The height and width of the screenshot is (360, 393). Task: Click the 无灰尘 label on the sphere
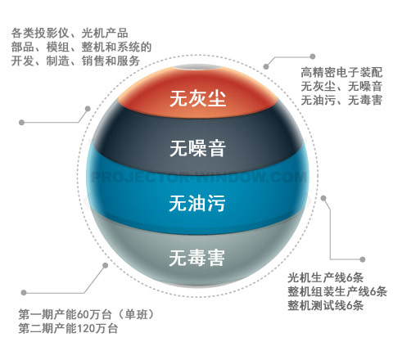pos(198,98)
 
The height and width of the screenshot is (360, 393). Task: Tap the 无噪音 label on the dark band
pos(198,148)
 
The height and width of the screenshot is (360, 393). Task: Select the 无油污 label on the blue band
pos(197,203)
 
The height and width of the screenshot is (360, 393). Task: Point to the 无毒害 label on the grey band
pos(197,258)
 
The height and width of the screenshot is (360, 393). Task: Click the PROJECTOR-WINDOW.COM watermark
pos(199,177)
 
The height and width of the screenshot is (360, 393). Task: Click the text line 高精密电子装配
pos(341,73)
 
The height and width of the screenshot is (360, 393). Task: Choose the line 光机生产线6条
pos(325,278)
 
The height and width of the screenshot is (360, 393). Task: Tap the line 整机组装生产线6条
pos(337,291)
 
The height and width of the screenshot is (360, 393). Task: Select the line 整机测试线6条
pos(325,305)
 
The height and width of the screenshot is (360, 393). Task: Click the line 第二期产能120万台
pos(68,328)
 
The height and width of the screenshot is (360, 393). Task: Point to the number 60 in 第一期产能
pos(83,315)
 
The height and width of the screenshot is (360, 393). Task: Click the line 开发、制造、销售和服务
pos(75,61)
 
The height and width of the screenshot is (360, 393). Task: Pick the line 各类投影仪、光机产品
pos(70,34)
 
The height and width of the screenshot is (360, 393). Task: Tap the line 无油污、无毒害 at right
pos(341,100)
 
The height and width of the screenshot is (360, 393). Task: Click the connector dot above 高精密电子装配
pos(313,56)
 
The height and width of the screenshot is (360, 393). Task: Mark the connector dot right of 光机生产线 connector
pos(363,259)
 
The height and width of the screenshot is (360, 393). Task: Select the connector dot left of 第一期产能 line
pos(24,293)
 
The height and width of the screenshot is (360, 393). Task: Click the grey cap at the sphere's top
pos(198,67)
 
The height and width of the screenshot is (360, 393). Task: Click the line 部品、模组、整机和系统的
pos(81,47)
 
